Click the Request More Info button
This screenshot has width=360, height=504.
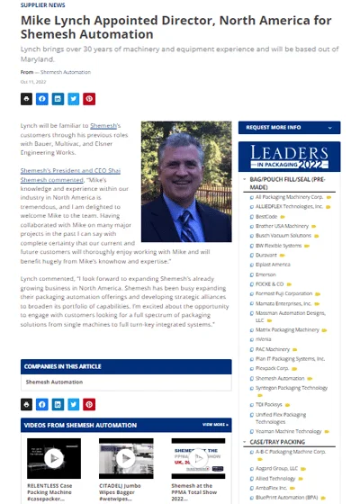(x=289, y=127)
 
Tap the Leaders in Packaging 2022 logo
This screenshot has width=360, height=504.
(x=289, y=157)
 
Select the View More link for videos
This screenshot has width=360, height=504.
(x=216, y=424)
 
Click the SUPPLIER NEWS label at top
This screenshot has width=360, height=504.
(x=39, y=4)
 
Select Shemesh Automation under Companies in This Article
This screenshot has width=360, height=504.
(x=53, y=382)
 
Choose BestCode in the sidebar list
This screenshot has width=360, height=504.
(x=267, y=216)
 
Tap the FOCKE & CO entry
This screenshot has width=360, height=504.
(x=271, y=283)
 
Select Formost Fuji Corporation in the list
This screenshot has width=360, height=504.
(x=284, y=292)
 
